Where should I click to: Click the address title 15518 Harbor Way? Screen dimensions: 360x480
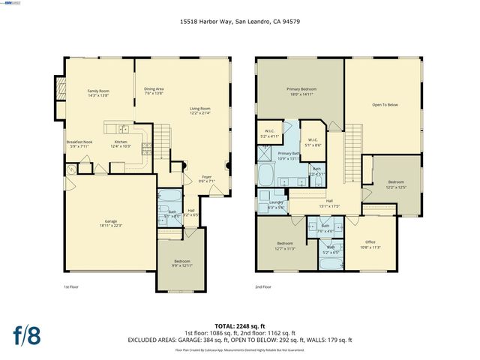239,22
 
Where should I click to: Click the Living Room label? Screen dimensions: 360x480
199,110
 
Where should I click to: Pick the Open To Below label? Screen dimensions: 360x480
385,105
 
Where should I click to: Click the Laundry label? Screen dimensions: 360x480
276,205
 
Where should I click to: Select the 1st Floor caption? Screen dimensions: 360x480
70,286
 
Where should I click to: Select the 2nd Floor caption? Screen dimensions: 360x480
263,286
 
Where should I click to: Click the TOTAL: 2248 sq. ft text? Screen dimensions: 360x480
239,325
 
